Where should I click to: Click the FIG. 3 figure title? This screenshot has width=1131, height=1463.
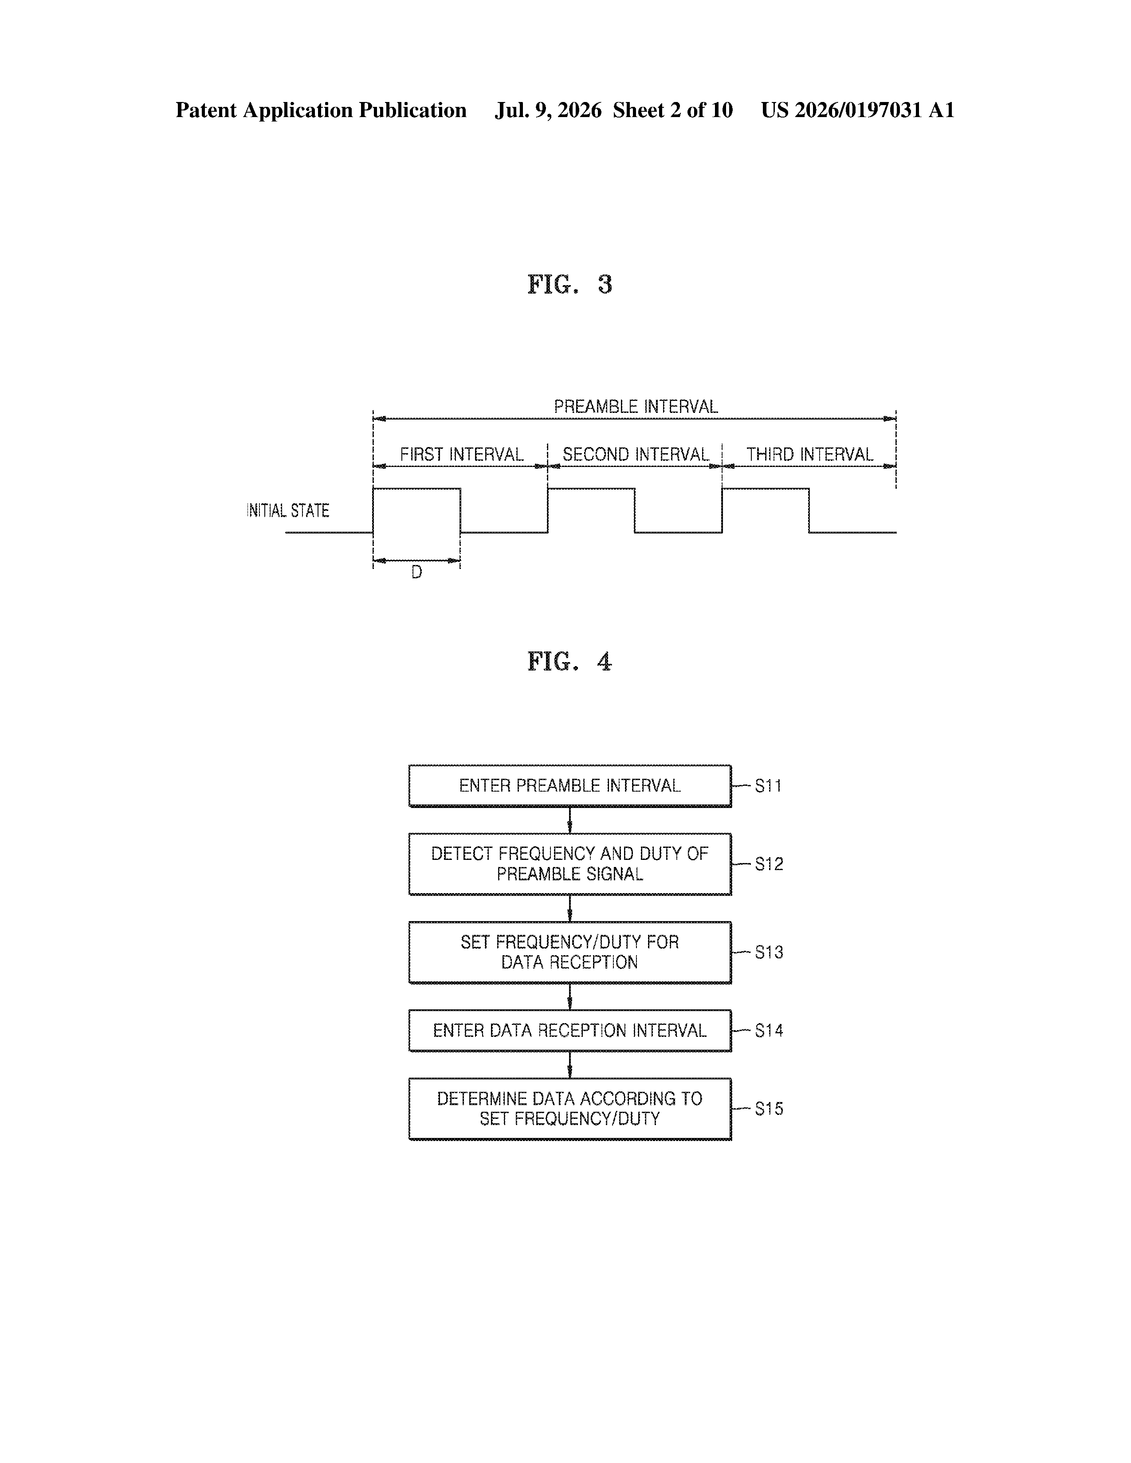(569, 285)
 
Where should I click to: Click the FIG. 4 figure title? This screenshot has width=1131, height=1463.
(569, 662)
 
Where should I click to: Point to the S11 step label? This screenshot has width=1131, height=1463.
(769, 786)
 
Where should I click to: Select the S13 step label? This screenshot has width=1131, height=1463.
(769, 952)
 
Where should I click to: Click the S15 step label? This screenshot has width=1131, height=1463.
(769, 1109)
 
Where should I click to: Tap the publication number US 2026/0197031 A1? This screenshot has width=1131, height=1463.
(858, 110)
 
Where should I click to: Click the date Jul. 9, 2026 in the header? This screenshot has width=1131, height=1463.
(548, 110)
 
